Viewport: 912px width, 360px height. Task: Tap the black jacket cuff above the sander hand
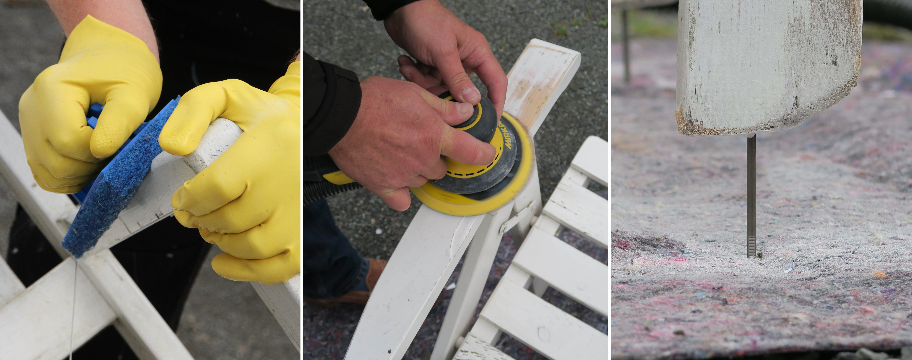(x=333, y=106)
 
